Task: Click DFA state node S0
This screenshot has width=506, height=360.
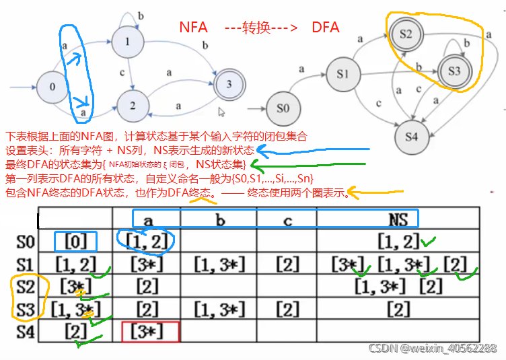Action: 283,108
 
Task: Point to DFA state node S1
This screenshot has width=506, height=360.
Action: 342,72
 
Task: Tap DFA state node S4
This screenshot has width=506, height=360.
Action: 412,136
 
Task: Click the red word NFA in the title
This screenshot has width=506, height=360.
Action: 193,28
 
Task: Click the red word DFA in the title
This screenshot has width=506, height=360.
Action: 326,28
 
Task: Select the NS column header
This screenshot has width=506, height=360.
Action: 399,218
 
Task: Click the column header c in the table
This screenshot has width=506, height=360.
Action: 287,218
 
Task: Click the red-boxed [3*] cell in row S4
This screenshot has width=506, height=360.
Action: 150,331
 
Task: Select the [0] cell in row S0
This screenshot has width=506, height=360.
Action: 75,241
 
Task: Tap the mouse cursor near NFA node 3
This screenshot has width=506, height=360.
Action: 221,113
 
